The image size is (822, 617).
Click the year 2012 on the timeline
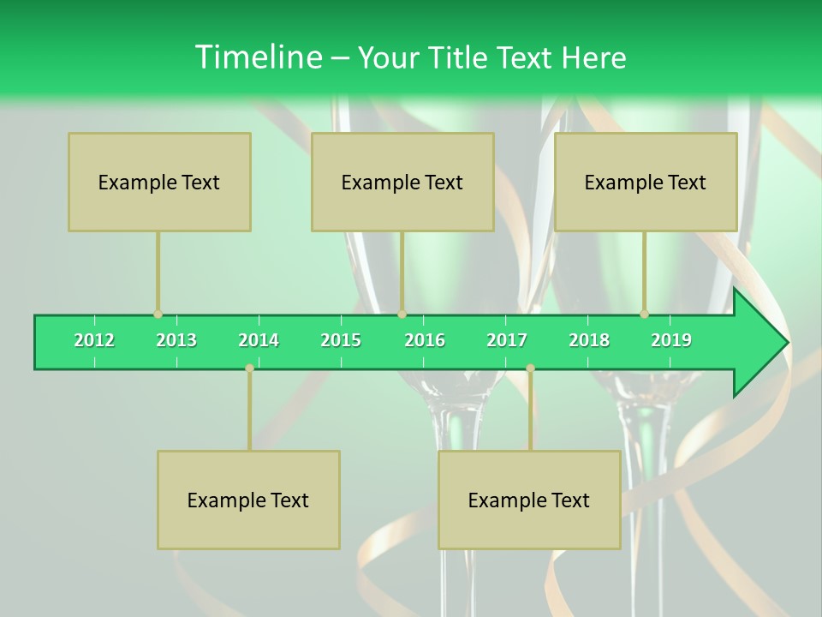pyautogui.click(x=94, y=340)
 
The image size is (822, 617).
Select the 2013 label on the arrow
pyautogui.click(x=176, y=340)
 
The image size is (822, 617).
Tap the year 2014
pyautogui.click(x=259, y=340)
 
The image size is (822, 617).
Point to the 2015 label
pyautogui.click(x=341, y=340)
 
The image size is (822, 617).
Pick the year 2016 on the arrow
pyautogui.click(x=425, y=340)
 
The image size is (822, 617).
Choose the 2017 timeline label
pyautogui.click(x=507, y=340)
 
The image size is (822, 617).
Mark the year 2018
pyautogui.click(x=589, y=340)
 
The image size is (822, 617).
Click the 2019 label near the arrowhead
pyautogui.click(x=671, y=340)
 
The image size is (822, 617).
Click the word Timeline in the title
pyautogui.click(x=257, y=57)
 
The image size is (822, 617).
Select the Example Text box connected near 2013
pyautogui.click(x=159, y=182)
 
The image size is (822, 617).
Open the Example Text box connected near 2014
pyautogui.click(x=248, y=500)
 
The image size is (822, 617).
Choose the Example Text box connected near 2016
pyautogui.click(x=402, y=182)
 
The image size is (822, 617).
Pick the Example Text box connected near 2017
pyautogui.click(x=529, y=500)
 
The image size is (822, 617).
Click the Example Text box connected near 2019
pyautogui.click(x=646, y=182)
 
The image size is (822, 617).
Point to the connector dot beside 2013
pyautogui.click(x=158, y=314)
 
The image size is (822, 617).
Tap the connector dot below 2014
pyautogui.click(x=249, y=368)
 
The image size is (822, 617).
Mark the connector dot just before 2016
pyautogui.click(x=402, y=314)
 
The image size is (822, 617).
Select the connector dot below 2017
pyautogui.click(x=530, y=368)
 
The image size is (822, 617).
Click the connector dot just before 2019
pyautogui.click(x=644, y=314)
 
